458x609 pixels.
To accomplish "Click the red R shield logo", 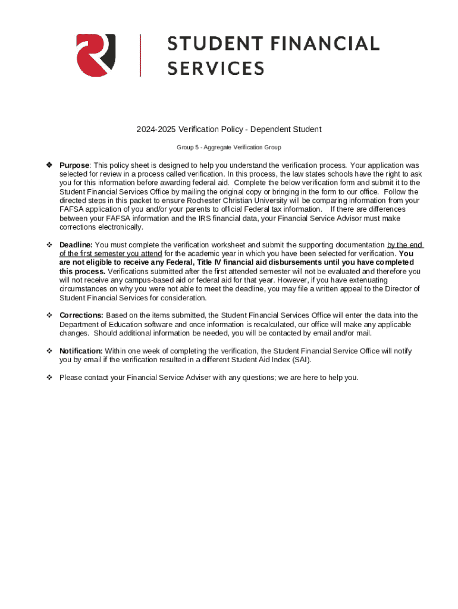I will tap(96, 55).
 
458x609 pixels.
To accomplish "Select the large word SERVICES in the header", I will tap(215, 68).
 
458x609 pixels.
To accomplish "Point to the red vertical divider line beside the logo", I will tap(140, 55).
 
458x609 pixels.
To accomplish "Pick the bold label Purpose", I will tap(74, 165).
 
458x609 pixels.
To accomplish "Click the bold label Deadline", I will tap(76, 244).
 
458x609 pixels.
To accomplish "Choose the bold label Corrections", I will tap(81, 315).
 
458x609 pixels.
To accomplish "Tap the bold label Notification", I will tap(81, 351).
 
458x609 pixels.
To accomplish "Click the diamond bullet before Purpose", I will tap(49, 165).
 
